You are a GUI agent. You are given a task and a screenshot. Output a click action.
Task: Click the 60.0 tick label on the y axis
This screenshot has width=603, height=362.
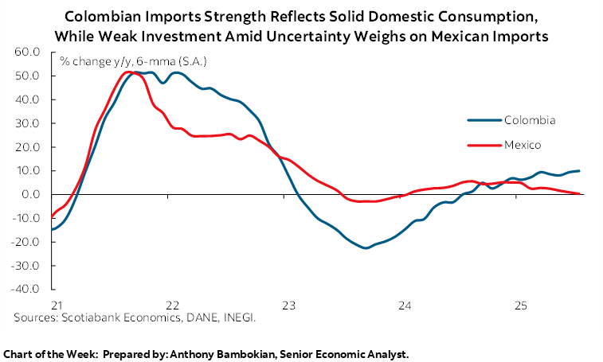(x=27, y=52)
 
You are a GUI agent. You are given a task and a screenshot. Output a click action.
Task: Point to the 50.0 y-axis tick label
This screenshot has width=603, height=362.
(x=27, y=76)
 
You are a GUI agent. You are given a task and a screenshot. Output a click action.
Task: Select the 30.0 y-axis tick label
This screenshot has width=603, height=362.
(x=27, y=123)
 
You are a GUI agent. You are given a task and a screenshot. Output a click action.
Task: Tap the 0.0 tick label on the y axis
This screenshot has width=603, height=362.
(x=30, y=194)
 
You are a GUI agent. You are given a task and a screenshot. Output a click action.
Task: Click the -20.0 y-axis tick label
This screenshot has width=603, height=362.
(x=25, y=242)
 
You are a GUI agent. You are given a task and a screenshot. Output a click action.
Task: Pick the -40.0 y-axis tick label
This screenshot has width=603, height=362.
(x=25, y=290)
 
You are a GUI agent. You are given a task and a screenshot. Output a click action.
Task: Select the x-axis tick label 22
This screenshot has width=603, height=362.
(x=171, y=305)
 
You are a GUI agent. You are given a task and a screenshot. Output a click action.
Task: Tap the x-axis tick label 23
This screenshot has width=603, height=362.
(x=288, y=305)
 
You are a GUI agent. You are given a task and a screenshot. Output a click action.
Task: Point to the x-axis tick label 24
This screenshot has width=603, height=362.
(x=405, y=305)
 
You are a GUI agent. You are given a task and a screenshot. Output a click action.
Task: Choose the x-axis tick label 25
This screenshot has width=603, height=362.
(x=522, y=305)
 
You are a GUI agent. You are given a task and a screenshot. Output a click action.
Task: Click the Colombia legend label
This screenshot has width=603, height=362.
(x=529, y=120)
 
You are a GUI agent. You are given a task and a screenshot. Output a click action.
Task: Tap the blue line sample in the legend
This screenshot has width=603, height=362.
(x=484, y=120)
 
